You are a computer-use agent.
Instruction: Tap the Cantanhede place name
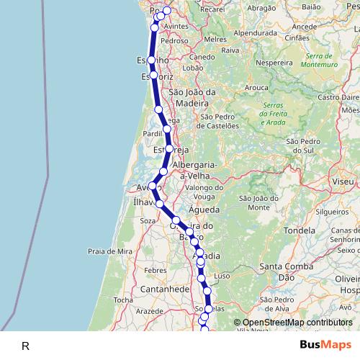(x=166, y=288)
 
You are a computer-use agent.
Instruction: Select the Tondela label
(x=300, y=231)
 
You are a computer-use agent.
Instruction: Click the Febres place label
(x=156, y=269)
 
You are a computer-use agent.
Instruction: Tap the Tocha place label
(x=124, y=300)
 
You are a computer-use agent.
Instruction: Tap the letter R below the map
(x=25, y=346)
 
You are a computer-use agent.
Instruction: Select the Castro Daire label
(x=338, y=96)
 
